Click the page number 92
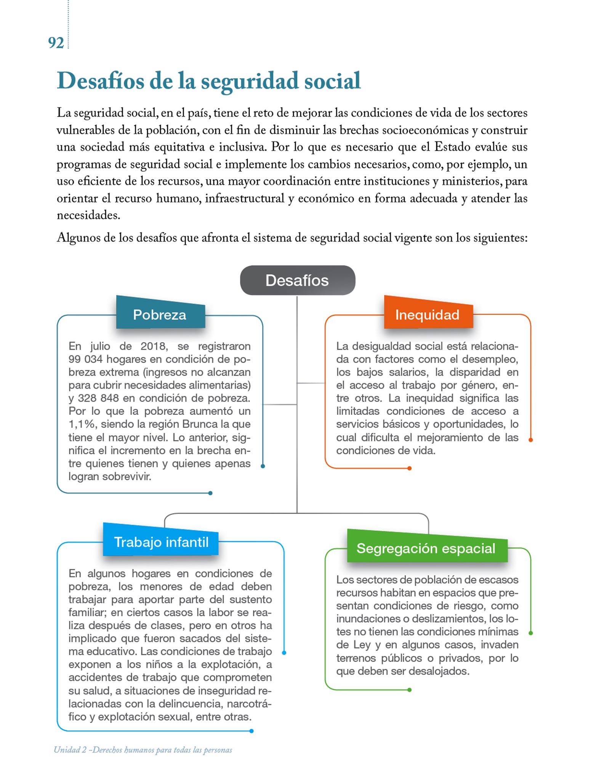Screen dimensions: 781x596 56,43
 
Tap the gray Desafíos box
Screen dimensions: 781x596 297,280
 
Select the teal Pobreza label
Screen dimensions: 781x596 160,315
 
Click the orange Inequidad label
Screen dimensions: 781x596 428,315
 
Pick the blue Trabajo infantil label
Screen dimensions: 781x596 161,542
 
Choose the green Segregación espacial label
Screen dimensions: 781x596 426,548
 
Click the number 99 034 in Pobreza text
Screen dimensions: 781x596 85,359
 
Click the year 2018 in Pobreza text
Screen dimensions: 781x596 153,346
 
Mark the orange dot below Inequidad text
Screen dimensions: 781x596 410,468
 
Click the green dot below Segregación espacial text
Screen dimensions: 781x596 410,689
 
